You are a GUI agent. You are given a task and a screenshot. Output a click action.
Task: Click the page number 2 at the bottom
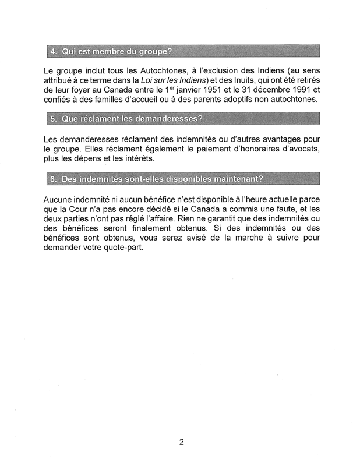(x=182, y=442)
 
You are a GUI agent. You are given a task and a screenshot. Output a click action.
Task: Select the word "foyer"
(x=86, y=90)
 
